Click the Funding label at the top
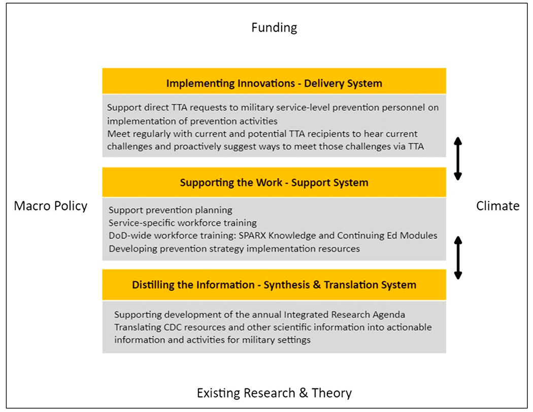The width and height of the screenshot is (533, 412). click(274, 27)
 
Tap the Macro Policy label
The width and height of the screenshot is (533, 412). click(51, 206)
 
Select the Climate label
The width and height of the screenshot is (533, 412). click(497, 206)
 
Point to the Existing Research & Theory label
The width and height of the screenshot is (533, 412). click(274, 393)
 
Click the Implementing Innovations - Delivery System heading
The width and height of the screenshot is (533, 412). click(274, 83)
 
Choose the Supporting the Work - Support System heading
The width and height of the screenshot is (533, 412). click(274, 182)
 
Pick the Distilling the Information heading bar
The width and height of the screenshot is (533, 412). click(274, 284)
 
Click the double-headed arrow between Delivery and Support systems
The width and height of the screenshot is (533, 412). click(457, 159)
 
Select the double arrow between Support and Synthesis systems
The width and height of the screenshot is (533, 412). click(457, 257)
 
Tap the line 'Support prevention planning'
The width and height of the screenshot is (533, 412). click(171, 210)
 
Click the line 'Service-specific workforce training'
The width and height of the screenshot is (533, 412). click(183, 223)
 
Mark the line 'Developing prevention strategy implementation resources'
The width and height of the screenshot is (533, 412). click(235, 248)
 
